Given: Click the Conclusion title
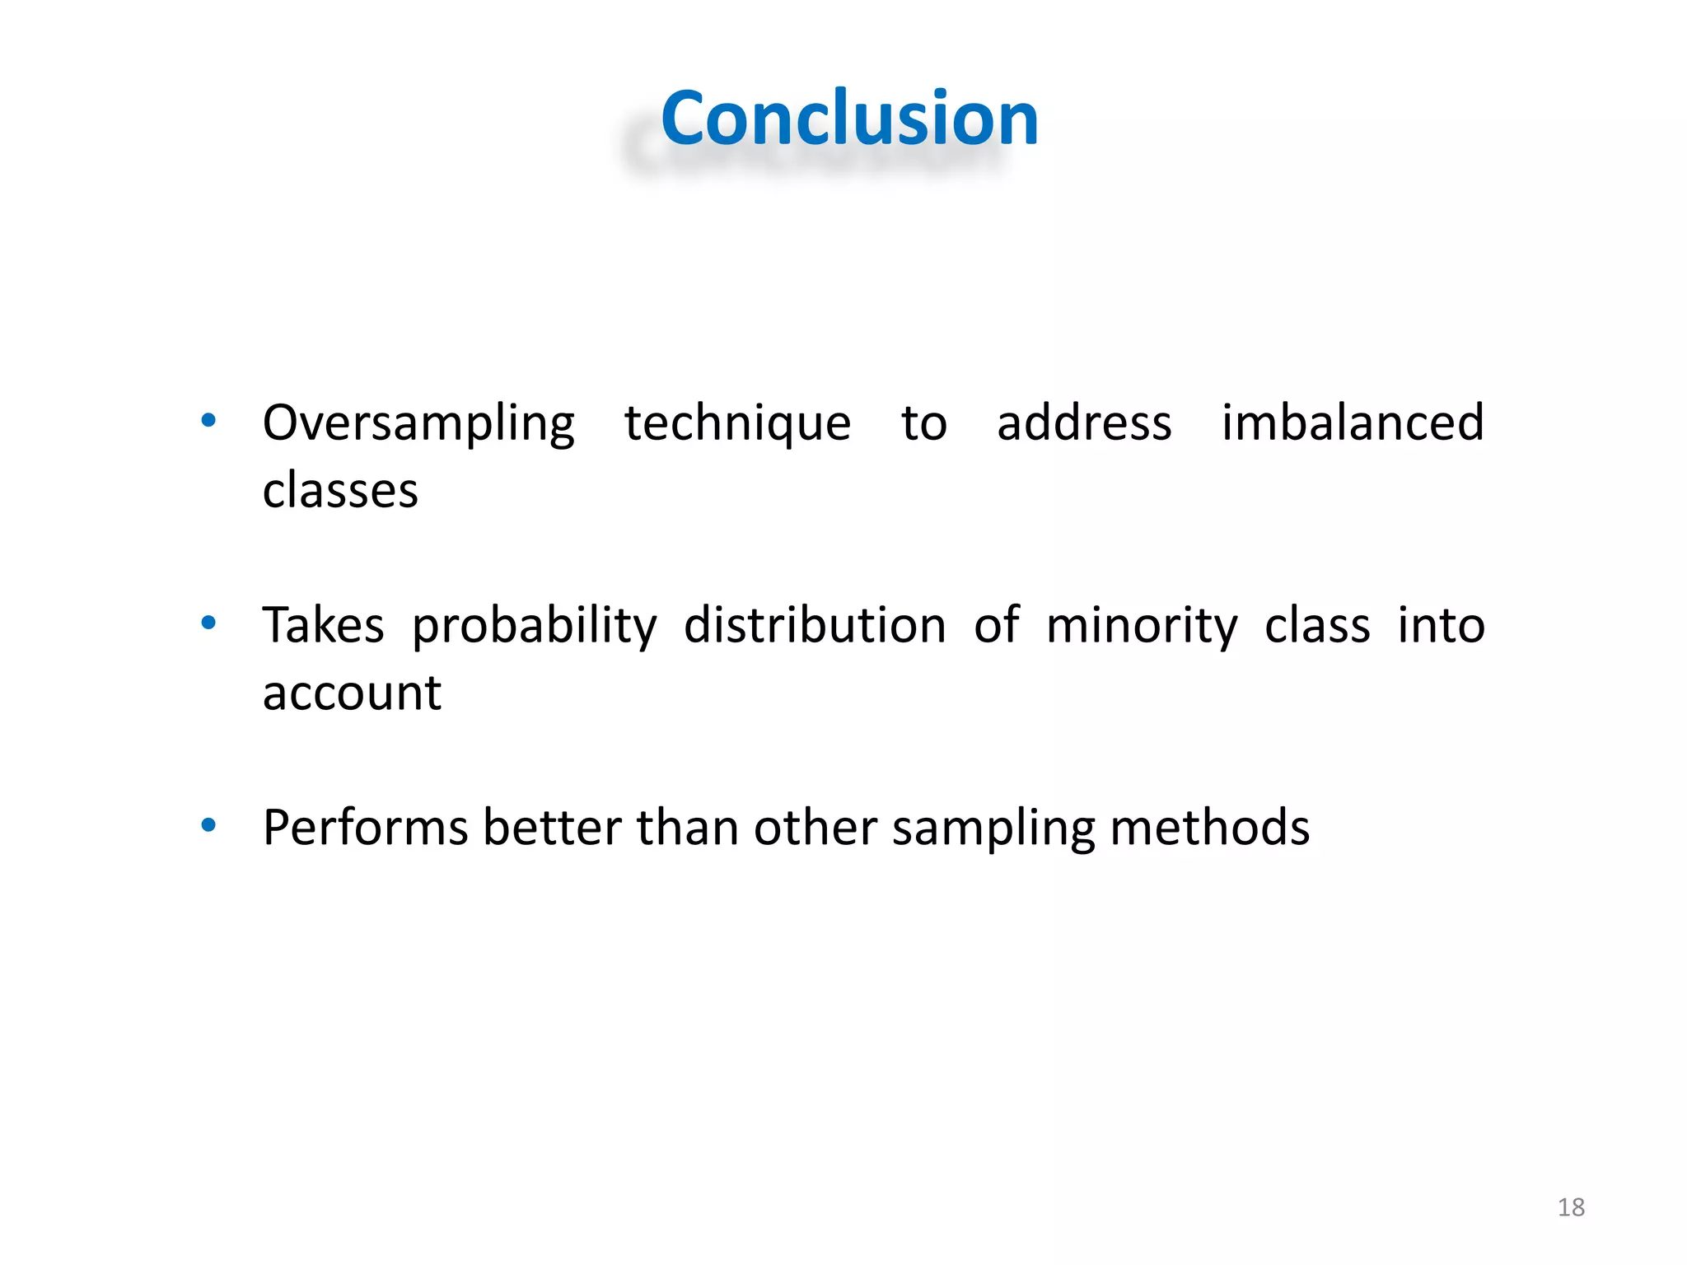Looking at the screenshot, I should coord(849,119).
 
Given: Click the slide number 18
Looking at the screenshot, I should coord(1571,1207).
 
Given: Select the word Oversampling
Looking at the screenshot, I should coord(418,424).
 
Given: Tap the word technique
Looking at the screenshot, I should coord(737,424).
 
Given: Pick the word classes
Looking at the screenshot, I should coord(340,491).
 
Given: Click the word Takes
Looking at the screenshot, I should coord(323,625).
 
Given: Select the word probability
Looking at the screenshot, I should coord(535,626).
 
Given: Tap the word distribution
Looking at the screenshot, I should coord(815,625).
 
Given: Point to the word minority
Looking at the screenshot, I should coord(1142,626).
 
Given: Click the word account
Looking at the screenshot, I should coord(352,693).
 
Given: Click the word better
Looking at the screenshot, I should coord(552,828).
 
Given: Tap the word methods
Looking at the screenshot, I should coord(1209,828).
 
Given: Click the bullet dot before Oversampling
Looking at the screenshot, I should coord(208,421).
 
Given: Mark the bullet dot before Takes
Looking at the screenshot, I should coord(208,623).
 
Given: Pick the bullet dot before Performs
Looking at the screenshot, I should coord(208,824).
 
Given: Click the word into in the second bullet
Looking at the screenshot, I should coord(1441,625).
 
